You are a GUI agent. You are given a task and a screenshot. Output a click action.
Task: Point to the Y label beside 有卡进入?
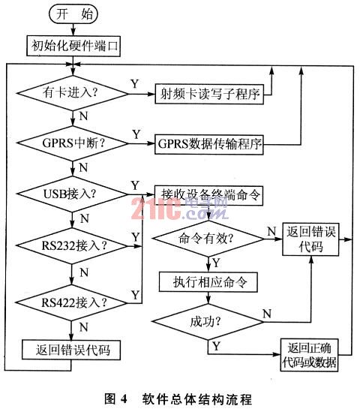(x=135, y=84)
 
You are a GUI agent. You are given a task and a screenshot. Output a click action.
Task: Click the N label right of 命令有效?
(x=271, y=231)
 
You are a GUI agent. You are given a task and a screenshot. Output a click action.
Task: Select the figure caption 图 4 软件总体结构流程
(x=178, y=398)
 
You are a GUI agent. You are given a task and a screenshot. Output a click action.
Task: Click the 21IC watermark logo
(x=179, y=209)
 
